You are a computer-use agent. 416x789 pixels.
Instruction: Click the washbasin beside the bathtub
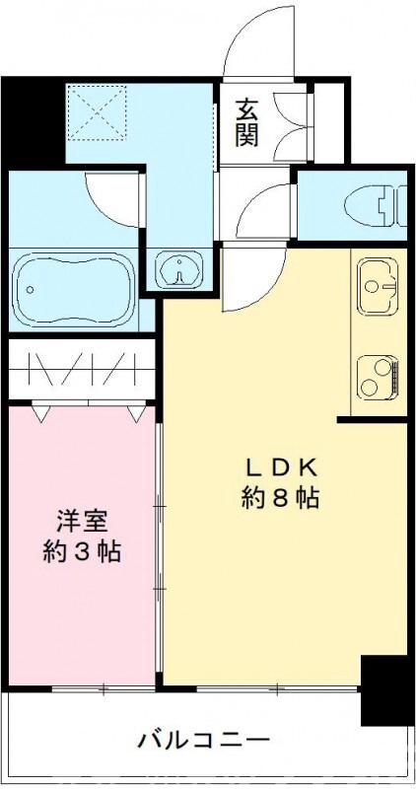click(177, 268)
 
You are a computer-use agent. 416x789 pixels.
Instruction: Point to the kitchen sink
click(378, 286)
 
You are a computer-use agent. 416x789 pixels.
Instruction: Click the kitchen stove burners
click(378, 376)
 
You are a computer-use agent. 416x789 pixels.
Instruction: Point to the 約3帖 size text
click(81, 551)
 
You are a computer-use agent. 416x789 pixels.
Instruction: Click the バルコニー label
click(203, 739)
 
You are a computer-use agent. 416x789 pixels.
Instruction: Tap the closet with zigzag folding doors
click(82, 369)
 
